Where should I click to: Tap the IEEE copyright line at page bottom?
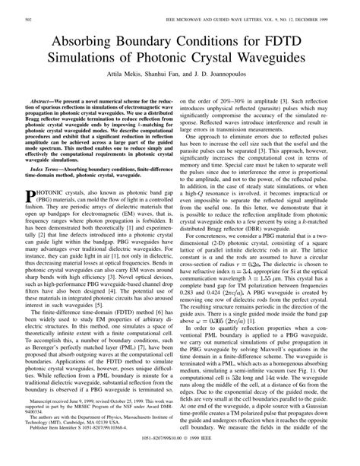(x=180, y=459)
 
